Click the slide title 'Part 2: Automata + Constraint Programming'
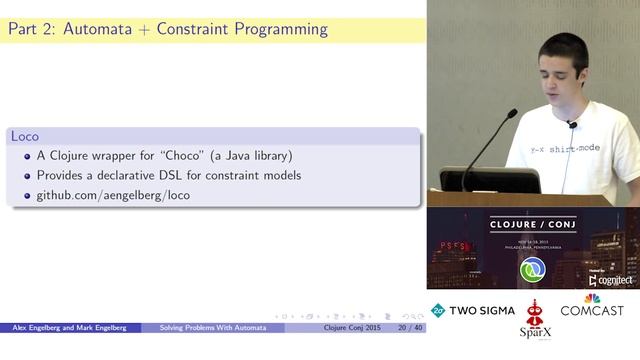click(167, 29)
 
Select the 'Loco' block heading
click(24, 135)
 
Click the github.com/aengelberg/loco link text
click(113, 195)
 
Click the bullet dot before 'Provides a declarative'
click(27, 176)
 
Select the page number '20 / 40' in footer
click(409, 327)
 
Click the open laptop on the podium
click(489, 180)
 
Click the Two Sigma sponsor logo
click(473, 310)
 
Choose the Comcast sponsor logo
click(591, 307)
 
